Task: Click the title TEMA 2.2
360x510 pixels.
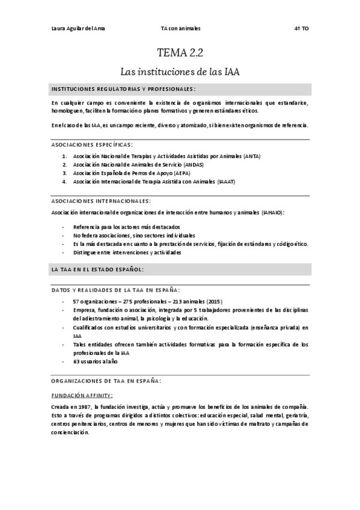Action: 180,52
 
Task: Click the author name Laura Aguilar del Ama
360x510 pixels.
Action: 79,28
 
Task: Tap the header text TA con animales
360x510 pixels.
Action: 180,28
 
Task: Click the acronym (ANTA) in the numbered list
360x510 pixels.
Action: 252,156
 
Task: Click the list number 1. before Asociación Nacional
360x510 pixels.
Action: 65,156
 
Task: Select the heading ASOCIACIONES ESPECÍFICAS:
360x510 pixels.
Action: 92,144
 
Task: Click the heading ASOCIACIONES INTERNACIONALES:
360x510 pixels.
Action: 101,200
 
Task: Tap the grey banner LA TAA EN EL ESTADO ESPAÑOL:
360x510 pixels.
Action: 97,269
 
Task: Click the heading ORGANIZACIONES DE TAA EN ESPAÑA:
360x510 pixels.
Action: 106,381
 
